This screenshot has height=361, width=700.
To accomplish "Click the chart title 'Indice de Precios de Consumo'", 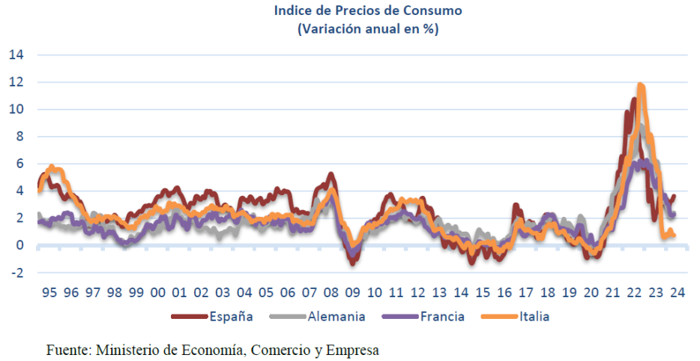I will pyautogui.click(x=367, y=11).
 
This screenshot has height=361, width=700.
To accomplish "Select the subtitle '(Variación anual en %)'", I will pyautogui.click(x=367, y=29).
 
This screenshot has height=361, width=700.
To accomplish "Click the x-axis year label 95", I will pyautogui.click(x=50, y=293).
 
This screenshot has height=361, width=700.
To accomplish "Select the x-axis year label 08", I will pyautogui.click(x=331, y=293).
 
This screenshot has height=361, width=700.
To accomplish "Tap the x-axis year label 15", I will pyautogui.click(x=483, y=293).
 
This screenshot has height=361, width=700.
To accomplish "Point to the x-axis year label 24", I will pyautogui.click(x=678, y=293).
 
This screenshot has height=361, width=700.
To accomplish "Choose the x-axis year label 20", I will pyautogui.click(x=591, y=293).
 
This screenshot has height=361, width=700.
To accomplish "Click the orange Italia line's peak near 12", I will pyautogui.click(x=641, y=86).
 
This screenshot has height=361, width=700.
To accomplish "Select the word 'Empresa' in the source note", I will pyautogui.click(x=353, y=350).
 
